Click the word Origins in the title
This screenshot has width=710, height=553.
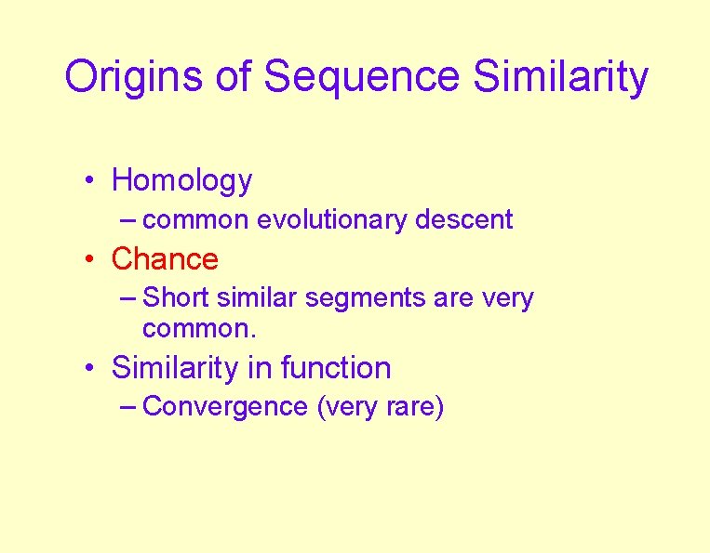click(133, 77)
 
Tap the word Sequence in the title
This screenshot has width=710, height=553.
click(361, 77)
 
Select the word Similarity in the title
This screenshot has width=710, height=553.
click(560, 77)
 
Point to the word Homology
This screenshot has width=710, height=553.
click(181, 180)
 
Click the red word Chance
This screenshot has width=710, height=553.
click(165, 258)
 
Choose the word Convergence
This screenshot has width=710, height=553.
click(226, 407)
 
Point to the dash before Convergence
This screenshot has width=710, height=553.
click(129, 406)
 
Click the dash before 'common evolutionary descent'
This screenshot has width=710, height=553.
click(129, 219)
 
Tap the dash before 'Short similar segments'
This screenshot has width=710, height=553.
click(129, 297)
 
